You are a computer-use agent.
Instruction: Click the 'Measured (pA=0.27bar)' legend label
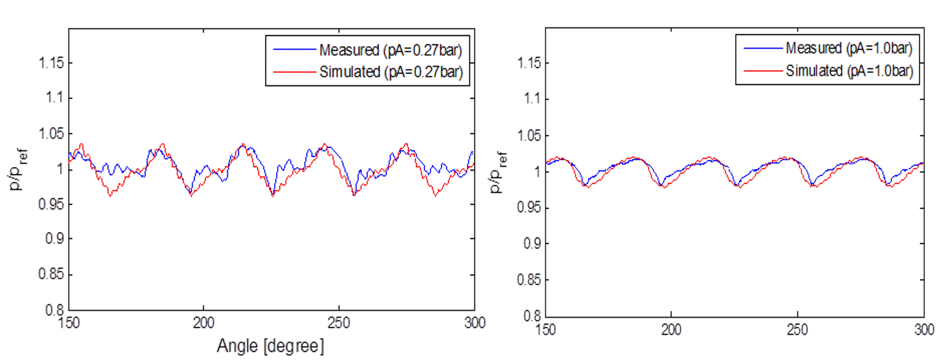[x=390, y=50]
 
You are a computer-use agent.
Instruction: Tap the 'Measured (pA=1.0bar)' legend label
[x=849, y=48]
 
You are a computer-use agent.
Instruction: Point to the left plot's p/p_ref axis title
[x=18, y=169]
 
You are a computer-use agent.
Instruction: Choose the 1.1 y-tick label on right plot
[x=531, y=98]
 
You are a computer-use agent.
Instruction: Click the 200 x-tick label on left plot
[x=203, y=323]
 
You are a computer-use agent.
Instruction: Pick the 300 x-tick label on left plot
[x=475, y=323]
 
